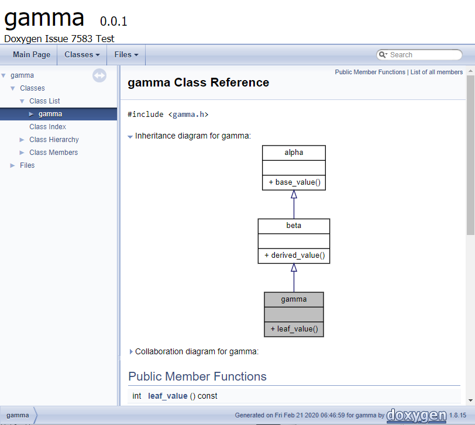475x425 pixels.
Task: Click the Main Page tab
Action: [x=32, y=55]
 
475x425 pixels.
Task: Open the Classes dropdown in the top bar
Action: [x=82, y=55]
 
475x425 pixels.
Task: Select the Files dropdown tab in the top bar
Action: [x=126, y=55]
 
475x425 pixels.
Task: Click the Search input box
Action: [x=419, y=55]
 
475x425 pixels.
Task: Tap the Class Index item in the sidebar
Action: [x=47, y=127]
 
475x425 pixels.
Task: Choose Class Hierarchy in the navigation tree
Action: [x=54, y=140]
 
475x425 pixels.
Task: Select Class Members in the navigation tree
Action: [x=54, y=153]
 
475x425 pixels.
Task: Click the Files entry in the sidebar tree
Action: [x=27, y=165]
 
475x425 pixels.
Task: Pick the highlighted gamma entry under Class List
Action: [x=50, y=114]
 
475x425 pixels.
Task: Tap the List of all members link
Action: [x=436, y=72]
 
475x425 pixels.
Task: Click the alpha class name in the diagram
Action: [x=294, y=152]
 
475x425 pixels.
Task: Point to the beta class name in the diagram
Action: [x=294, y=226]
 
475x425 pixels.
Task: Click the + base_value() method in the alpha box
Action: [x=294, y=182]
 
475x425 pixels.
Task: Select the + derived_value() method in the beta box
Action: [x=294, y=255]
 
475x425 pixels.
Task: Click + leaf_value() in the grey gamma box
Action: [x=294, y=329]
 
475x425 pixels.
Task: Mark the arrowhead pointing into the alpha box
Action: [x=294, y=194]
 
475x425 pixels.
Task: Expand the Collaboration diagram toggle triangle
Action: [x=131, y=352]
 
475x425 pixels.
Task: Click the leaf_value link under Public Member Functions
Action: [x=167, y=396]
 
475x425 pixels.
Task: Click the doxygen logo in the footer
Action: [x=417, y=415]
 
